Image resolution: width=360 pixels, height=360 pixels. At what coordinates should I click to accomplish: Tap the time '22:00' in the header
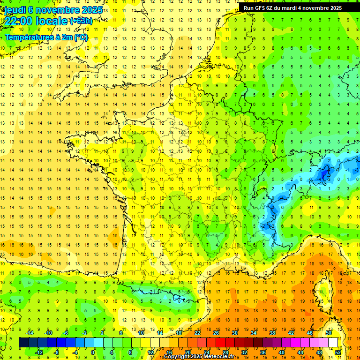point(19,21)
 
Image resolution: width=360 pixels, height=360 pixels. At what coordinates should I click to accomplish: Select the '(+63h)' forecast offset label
point(81,21)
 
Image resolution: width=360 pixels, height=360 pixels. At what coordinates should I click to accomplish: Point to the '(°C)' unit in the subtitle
point(79,37)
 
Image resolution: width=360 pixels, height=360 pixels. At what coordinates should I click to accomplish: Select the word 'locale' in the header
point(52,21)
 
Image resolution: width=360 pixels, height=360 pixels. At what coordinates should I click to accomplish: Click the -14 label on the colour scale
point(30,333)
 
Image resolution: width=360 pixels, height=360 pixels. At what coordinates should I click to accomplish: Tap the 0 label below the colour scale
point(93,352)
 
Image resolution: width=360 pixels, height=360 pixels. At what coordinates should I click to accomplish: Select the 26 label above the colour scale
point(216,333)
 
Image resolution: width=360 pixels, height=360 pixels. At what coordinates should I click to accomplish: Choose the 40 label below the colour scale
point(281,352)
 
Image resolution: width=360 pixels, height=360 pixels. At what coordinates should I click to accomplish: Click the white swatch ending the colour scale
point(333,343)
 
